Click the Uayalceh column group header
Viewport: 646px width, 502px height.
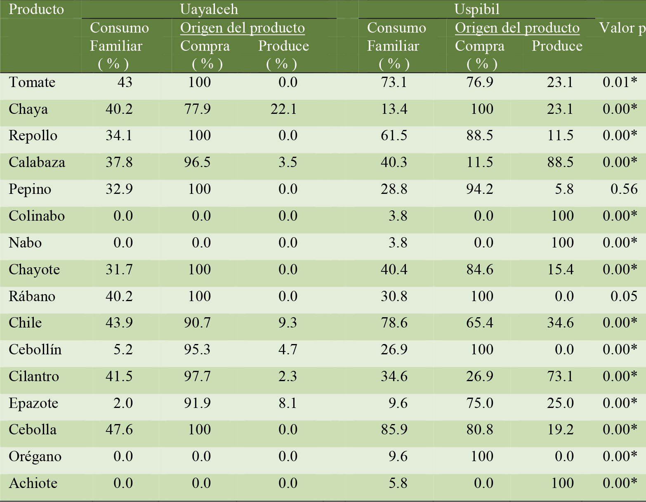coord(209,9)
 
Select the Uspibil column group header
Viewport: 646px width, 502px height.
coord(476,9)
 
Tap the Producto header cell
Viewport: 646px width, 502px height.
coord(36,9)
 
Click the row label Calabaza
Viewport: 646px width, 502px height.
coord(37,163)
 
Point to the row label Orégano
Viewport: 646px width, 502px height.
coord(35,457)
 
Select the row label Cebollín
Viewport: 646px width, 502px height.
coord(35,350)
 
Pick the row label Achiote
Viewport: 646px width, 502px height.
coord(33,483)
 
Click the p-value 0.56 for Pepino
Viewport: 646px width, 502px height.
coord(624,189)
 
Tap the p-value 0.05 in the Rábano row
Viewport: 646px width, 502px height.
coord(624,296)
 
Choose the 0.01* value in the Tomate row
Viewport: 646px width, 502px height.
coord(620,82)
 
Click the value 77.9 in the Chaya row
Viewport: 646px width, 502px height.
coord(197,109)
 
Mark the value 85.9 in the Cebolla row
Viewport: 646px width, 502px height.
coord(394,430)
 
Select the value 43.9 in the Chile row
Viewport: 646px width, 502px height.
coord(119,323)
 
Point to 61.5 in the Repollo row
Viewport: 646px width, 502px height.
coord(394,136)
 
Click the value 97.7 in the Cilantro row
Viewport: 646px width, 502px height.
coord(197,376)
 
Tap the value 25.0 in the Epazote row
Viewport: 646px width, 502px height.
coord(560,403)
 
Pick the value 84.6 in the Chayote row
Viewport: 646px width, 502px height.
coord(480,270)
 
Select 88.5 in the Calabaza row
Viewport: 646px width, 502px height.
coord(560,163)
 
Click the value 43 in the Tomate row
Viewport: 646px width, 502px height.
coord(125,82)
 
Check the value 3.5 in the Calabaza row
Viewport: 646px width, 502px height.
coord(288,163)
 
